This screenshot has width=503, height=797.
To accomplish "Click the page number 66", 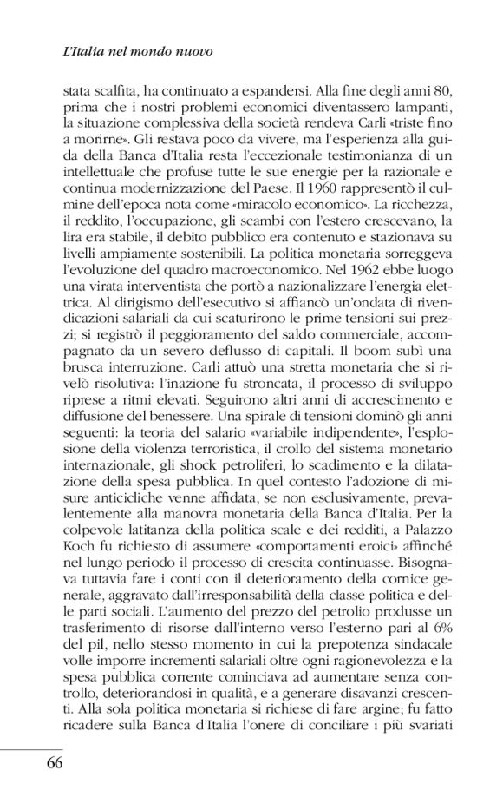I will pyautogui.click(x=49, y=765).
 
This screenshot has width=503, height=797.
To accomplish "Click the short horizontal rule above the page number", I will pyautogui.click(x=31, y=748).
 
